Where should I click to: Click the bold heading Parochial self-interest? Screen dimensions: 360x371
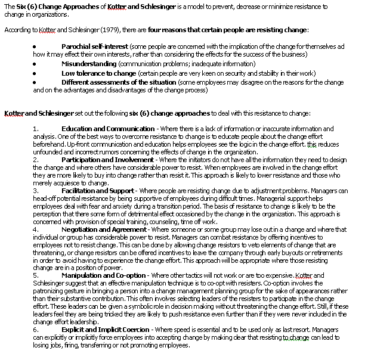[x=98, y=46]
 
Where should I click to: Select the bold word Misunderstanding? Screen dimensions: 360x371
[x=89, y=64]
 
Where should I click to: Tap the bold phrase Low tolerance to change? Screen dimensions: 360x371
[x=98, y=73]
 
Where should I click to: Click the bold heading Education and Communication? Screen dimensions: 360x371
[x=108, y=129]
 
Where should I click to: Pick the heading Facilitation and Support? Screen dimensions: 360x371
[x=98, y=191]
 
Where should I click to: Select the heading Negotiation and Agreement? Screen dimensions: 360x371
[x=106, y=229]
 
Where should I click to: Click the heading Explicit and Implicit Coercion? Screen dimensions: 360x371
[x=107, y=329]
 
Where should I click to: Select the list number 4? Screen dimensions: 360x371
[x=35, y=229]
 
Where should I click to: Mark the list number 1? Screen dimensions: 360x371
[x=35, y=129]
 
